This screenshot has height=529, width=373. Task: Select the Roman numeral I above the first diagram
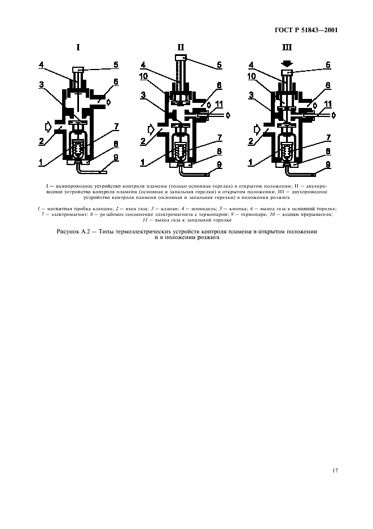(78, 48)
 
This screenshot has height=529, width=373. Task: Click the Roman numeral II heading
(181, 48)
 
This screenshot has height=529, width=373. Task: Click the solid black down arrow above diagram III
(287, 63)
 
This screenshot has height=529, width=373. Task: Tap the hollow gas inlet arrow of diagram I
(47, 123)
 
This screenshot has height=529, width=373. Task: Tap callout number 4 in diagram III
(251, 64)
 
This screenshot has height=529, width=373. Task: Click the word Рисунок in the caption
(71, 232)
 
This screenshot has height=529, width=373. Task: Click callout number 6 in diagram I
(115, 83)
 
